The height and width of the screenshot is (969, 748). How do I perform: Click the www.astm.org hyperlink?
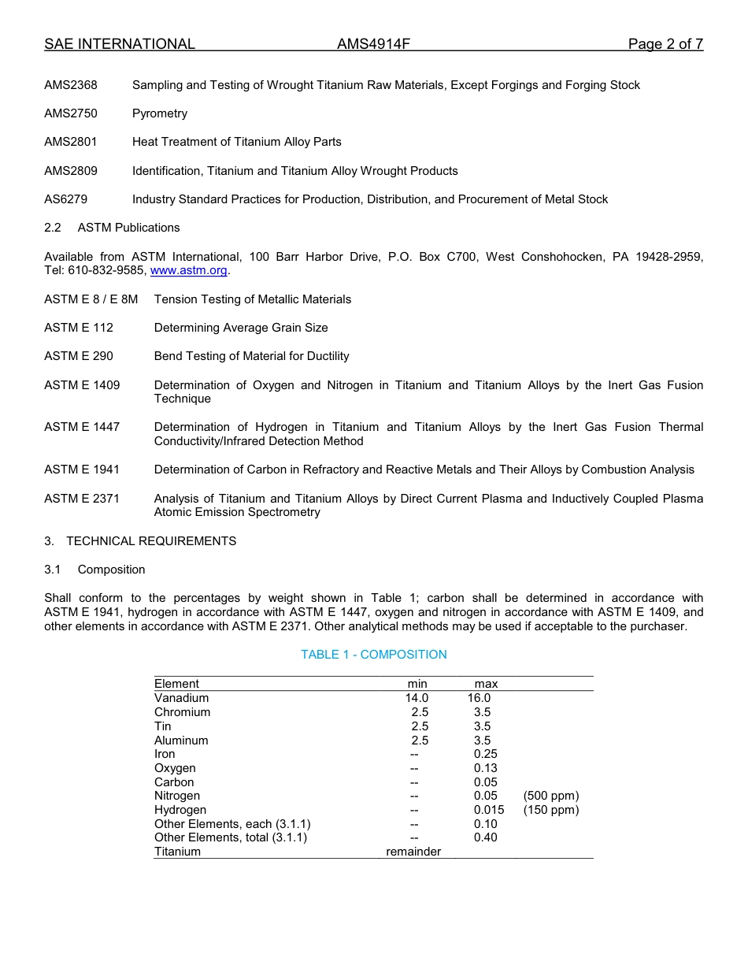coord(188,270)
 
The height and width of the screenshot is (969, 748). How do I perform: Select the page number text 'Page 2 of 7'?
coord(665,44)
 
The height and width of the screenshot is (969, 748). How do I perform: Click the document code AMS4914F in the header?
coord(373,44)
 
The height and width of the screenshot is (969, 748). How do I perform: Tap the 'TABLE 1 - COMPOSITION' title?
coord(373,655)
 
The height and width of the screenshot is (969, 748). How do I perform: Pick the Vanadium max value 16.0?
coord(479,698)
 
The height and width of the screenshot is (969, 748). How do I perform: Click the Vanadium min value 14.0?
coord(417,698)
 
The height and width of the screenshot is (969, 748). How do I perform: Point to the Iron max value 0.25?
coord(486,754)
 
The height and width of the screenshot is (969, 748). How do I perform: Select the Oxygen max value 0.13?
coord(486,768)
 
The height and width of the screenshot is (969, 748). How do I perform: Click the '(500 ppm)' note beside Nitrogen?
coord(550,796)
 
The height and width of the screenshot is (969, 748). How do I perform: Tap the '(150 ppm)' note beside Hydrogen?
coord(550,810)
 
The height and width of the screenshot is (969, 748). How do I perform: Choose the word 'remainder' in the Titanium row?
coord(413,852)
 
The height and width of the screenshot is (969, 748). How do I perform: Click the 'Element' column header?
coord(176,684)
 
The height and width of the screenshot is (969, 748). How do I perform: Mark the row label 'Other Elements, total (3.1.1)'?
coord(231,837)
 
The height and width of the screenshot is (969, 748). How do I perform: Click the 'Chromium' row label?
coord(182,712)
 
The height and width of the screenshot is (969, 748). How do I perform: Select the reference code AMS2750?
coord(71,113)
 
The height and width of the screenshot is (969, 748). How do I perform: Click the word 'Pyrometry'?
coord(160,113)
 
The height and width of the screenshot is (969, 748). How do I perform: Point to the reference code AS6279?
coord(66,199)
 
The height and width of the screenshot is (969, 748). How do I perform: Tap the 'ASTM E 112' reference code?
coord(79,328)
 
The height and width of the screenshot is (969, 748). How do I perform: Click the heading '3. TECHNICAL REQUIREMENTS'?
coord(140,541)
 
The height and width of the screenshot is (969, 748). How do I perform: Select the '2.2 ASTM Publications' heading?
coord(112,228)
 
